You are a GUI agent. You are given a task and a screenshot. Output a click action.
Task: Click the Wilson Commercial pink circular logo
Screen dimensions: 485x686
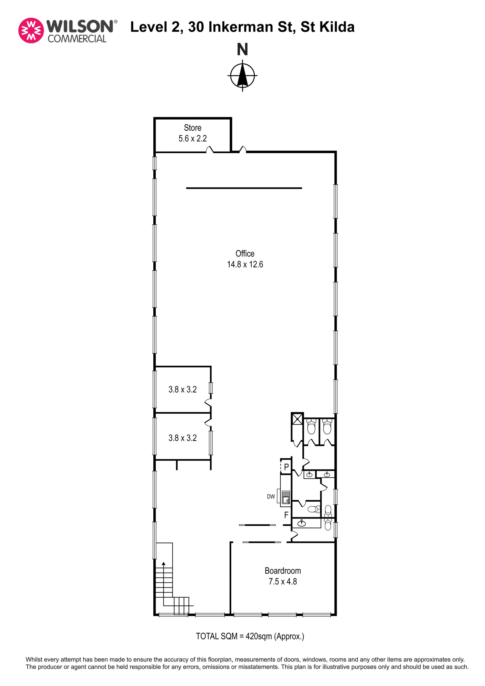(31, 31)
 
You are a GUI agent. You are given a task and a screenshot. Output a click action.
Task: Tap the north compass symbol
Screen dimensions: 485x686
(242, 75)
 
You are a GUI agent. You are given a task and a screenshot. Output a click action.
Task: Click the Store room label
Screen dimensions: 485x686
(193, 128)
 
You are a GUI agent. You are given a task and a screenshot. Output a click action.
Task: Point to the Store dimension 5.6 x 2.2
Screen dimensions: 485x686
(193, 138)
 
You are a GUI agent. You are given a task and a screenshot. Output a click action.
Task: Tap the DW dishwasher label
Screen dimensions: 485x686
(271, 496)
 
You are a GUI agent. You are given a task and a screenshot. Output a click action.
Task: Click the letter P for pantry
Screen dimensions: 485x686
(286, 467)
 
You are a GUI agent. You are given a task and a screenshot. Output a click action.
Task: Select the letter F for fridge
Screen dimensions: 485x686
(286, 515)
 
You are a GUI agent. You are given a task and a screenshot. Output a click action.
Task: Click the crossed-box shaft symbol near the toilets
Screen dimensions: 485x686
(297, 419)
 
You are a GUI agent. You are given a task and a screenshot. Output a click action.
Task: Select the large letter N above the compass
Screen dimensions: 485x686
(242, 49)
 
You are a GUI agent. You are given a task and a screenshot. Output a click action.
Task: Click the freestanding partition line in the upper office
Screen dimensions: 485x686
(244, 188)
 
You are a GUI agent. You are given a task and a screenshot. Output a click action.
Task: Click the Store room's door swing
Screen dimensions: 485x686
(210, 149)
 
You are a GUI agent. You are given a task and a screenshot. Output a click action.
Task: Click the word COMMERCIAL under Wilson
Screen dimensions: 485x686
(77, 39)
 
